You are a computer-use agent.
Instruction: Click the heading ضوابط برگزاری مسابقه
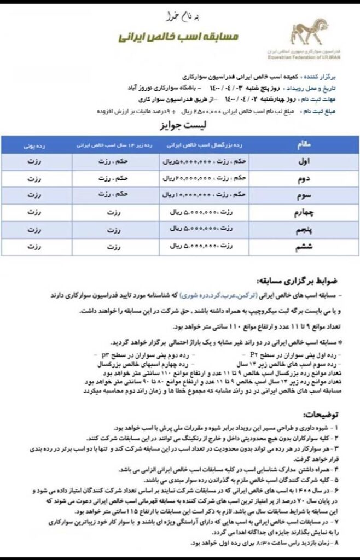coord(309,283)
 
